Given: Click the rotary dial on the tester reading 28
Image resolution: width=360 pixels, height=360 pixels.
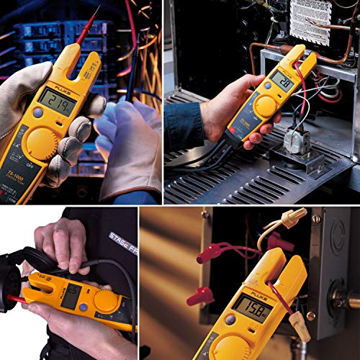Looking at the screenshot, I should (266, 107).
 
